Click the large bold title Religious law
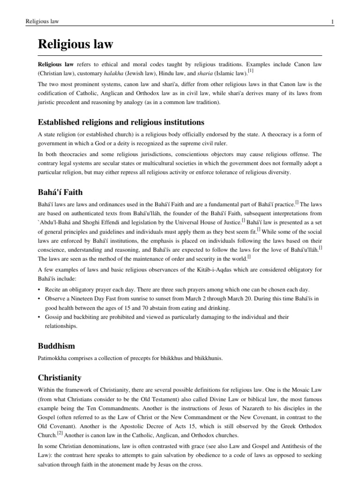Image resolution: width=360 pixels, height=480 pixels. click(x=75, y=45)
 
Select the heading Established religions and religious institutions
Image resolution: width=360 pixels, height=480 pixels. click(x=121, y=122)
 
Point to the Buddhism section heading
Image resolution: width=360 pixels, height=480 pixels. click(x=56, y=346)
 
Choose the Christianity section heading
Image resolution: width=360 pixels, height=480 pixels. click(x=60, y=377)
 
